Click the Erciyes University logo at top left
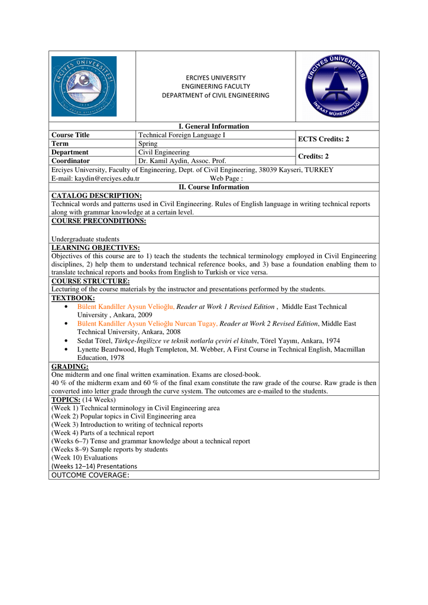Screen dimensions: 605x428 (x=84, y=86)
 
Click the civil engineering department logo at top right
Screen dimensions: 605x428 (x=336, y=86)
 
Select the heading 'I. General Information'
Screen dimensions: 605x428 (x=213, y=126)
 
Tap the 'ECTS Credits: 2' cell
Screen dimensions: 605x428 (x=323, y=139)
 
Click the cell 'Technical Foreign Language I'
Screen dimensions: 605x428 (x=182, y=135)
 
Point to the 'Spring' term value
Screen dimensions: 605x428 (x=148, y=144)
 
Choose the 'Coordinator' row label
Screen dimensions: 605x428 (x=71, y=161)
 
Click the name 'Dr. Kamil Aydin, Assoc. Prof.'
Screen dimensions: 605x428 (x=182, y=161)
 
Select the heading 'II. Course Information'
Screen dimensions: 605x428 (x=213, y=187)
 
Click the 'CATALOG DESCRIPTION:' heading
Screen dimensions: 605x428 (x=96, y=196)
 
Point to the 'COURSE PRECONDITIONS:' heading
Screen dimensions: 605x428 (x=99, y=221)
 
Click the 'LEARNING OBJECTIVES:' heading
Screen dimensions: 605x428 (x=96, y=248)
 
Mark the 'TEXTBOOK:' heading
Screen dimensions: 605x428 (x=73, y=298)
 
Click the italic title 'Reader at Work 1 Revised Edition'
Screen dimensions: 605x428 (x=226, y=307)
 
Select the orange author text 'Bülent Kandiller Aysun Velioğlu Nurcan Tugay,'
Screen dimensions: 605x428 (x=147, y=324)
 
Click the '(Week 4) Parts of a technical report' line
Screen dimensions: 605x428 (x=103, y=432)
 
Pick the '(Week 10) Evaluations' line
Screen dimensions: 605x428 (x=85, y=457)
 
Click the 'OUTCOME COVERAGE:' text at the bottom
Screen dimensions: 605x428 (x=90, y=475)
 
